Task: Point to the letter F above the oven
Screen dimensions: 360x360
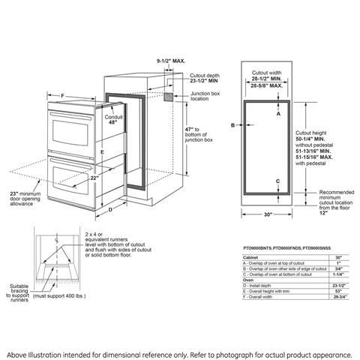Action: [x=62, y=96]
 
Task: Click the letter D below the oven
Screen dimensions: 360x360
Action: [x=109, y=210]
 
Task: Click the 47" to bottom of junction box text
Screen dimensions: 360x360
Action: [x=199, y=135]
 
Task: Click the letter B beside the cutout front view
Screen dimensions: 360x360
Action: [x=232, y=124]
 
